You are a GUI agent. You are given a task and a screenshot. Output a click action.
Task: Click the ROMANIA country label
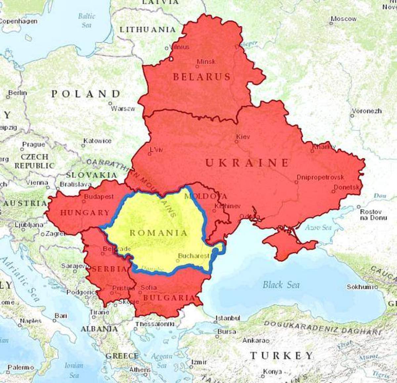pos(158,233)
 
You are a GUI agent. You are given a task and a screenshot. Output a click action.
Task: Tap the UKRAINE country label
pos(247,163)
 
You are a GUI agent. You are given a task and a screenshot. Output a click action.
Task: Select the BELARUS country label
pos(201,77)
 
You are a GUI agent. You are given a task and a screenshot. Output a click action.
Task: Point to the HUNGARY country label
pos(85,213)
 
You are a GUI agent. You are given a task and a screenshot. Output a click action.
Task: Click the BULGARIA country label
pos(169,298)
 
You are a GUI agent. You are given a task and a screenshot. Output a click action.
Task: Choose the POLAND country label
pos(86,94)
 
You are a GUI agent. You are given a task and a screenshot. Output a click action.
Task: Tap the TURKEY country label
pos(281,356)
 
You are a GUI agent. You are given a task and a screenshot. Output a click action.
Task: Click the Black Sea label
pos(281,285)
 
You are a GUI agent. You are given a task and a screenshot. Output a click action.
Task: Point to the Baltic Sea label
pos(86,20)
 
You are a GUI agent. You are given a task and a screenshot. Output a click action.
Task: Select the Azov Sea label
pos(318,227)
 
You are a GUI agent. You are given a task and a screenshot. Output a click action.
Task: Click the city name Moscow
pos(344,19)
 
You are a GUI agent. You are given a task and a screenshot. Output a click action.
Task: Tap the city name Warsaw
pos(123,108)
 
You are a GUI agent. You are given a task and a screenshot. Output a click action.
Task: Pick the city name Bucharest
pos(194,256)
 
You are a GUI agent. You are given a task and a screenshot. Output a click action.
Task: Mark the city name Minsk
pos(206,61)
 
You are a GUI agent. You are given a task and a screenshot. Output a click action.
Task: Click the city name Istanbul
pos(228,318)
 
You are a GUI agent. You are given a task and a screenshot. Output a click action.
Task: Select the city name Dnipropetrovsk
pos(320,177)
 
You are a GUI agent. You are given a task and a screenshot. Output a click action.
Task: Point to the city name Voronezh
pos(367,111)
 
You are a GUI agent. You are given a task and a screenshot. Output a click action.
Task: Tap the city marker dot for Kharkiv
pos(312,151)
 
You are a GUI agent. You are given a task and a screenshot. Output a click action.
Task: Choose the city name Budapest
pos(99,197)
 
